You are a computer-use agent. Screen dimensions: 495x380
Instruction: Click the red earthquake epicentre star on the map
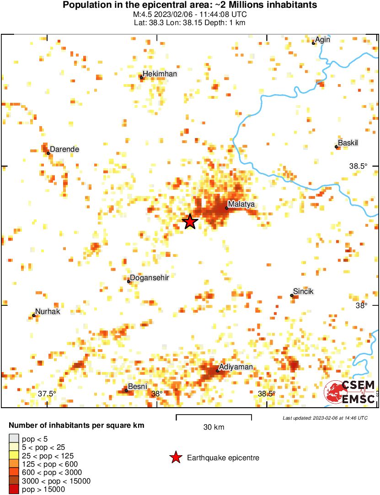point(190,222)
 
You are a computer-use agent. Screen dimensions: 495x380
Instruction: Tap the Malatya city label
point(241,204)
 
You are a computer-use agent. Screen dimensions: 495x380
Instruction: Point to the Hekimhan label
point(160,74)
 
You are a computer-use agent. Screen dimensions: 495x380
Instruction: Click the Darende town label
point(64,149)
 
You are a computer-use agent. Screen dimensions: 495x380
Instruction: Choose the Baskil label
point(348,143)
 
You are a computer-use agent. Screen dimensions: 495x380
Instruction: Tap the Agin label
point(322,39)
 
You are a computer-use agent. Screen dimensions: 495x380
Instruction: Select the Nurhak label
point(48,311)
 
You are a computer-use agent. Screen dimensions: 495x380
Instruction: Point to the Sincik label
point(304,292)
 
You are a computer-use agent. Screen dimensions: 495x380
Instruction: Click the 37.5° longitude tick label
point(47,394)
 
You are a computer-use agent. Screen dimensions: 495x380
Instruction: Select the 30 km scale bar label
point(214,427)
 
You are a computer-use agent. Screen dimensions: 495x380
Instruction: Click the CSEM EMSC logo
point(350,392)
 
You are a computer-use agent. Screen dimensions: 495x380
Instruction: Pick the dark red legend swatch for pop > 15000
point(14,489)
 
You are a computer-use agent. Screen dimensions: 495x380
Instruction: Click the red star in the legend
point(175,458)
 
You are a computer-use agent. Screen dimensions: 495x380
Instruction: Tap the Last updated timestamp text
point(325,418)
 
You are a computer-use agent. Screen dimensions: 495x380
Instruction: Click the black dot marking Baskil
point(336,147)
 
